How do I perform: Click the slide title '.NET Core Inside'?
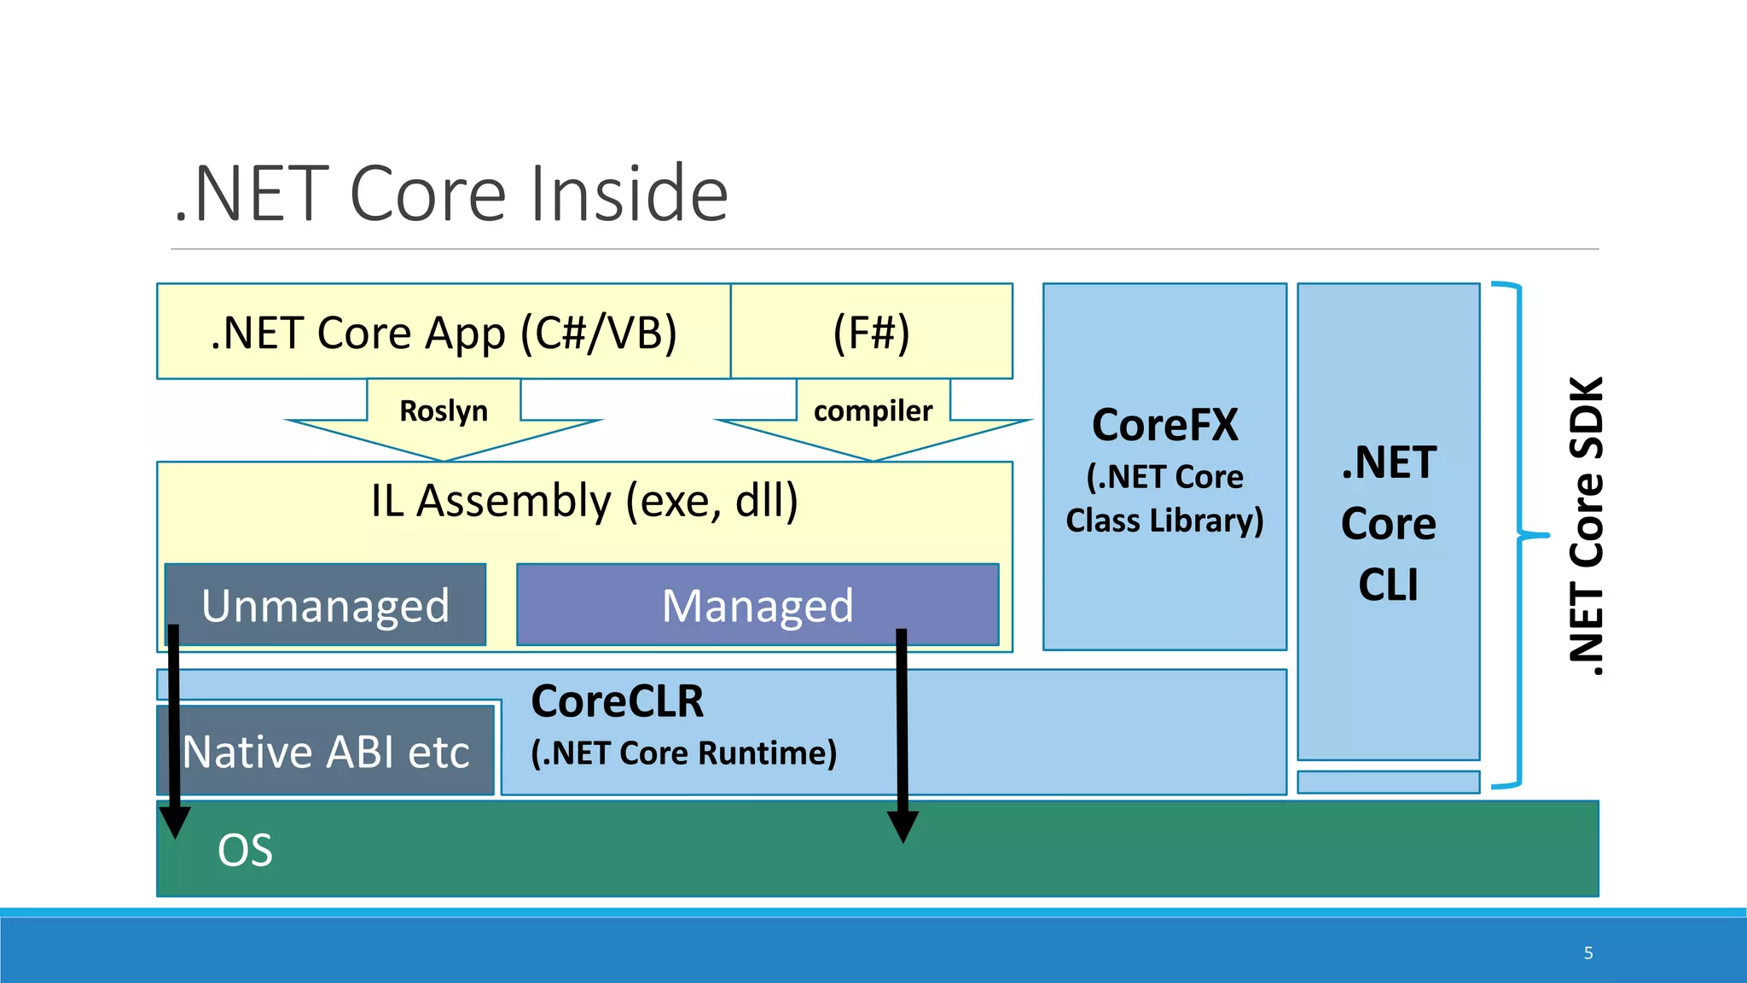point(450,195)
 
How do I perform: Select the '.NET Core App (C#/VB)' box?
point(444,332)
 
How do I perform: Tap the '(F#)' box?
point(871,332)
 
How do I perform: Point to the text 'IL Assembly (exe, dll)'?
point(584,501)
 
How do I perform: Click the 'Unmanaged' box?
point(325,605)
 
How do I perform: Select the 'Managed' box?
point(757,605)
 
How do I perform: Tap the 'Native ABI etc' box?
point(325,752)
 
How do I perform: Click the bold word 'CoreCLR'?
point(617,701)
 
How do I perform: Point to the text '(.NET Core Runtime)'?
point(683,753)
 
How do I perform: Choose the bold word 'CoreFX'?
point(1164,425)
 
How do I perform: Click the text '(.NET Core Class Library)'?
point(1164,499)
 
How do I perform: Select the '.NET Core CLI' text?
point(1388,523)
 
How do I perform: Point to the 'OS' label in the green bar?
point(245,851)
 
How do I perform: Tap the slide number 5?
point(1588,953)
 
